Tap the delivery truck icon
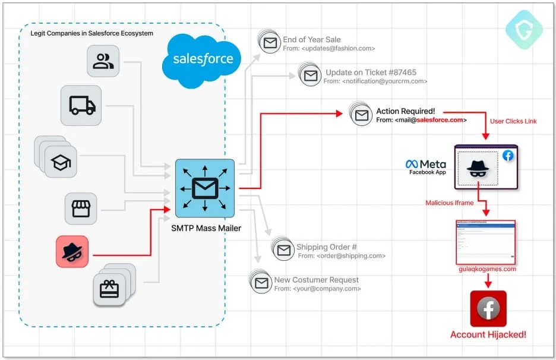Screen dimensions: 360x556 pos(81,106)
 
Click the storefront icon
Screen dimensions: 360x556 pos(81,209)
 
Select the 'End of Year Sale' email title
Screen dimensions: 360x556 pos(312,40)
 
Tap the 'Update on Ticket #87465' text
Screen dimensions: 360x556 pos(371,72)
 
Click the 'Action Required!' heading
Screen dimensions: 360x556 pos(405,111)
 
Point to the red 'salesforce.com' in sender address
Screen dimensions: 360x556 pos(440,120)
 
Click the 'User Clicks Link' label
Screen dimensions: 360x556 pos(513,121)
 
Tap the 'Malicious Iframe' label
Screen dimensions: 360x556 pos(449,203)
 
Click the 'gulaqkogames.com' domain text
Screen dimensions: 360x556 pos(487,269)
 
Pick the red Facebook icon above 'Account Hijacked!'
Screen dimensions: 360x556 pos(488,308)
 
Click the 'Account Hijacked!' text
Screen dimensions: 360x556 pos(488,334)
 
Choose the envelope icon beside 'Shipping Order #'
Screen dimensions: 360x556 pos(284,250)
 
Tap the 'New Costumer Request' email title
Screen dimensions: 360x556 pos(316,280)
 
